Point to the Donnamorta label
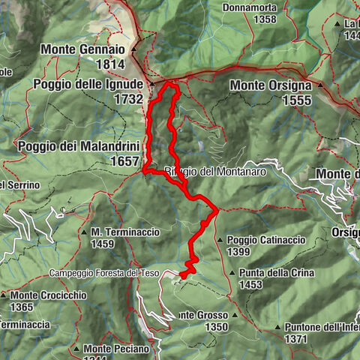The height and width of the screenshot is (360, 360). (250, 8)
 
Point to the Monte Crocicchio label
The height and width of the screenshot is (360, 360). (48, 295)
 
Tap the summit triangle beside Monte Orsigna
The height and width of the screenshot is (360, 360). (320, 85)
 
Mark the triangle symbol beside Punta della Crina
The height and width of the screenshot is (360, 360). (233, 273)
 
